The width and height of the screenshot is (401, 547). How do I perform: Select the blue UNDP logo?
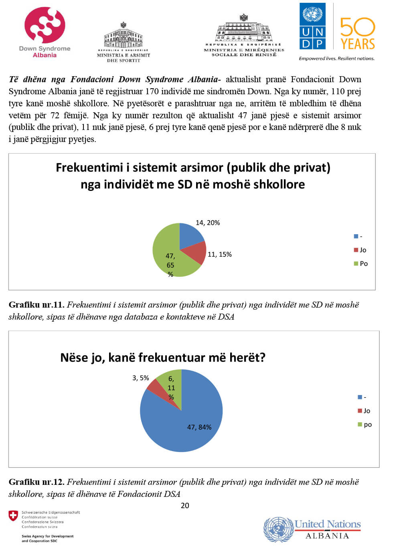pos(312,26)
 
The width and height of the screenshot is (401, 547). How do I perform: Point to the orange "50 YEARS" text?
pos(357,34)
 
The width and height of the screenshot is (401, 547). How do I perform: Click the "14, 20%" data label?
pos(207,223)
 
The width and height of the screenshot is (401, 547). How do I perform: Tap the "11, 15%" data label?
pos(219,254)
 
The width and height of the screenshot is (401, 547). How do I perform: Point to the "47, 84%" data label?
pos(199,427)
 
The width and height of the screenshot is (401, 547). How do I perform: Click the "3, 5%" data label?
pos(140,378)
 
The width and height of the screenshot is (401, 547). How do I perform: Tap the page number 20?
pos(185,505)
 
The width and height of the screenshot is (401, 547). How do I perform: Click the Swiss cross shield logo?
pos(13,516)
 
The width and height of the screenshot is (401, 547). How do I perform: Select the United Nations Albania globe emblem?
pos(278,529)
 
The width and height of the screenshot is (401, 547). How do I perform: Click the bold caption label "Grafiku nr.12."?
pos(36,482)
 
